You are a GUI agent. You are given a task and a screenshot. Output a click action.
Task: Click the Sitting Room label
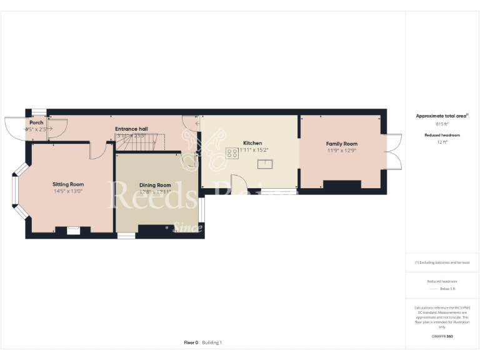pos(68,184)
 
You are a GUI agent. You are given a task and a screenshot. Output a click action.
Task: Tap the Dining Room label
pos(155,185)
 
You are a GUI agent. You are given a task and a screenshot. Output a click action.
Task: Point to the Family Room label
pos(342,144)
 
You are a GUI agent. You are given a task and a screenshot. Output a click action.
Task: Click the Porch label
pos(36,122)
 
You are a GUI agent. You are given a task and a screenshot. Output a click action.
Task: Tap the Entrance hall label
pos(130,129)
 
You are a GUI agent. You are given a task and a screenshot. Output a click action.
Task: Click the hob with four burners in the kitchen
pos(231,151)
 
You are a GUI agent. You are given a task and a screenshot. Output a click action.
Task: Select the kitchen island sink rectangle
pos(265,164)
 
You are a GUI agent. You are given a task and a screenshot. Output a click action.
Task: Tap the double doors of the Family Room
pos(394,152)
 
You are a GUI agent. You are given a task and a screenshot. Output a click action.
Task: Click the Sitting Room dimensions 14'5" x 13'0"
pos(68,191)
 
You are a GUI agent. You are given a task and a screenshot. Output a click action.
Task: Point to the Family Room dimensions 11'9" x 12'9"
pos(342,151)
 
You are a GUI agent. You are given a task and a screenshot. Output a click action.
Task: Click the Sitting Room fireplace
pos(74,231)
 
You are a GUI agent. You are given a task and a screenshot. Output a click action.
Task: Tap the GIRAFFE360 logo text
pos(442,336)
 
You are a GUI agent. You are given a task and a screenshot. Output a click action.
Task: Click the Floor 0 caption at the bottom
pos(191,342)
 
